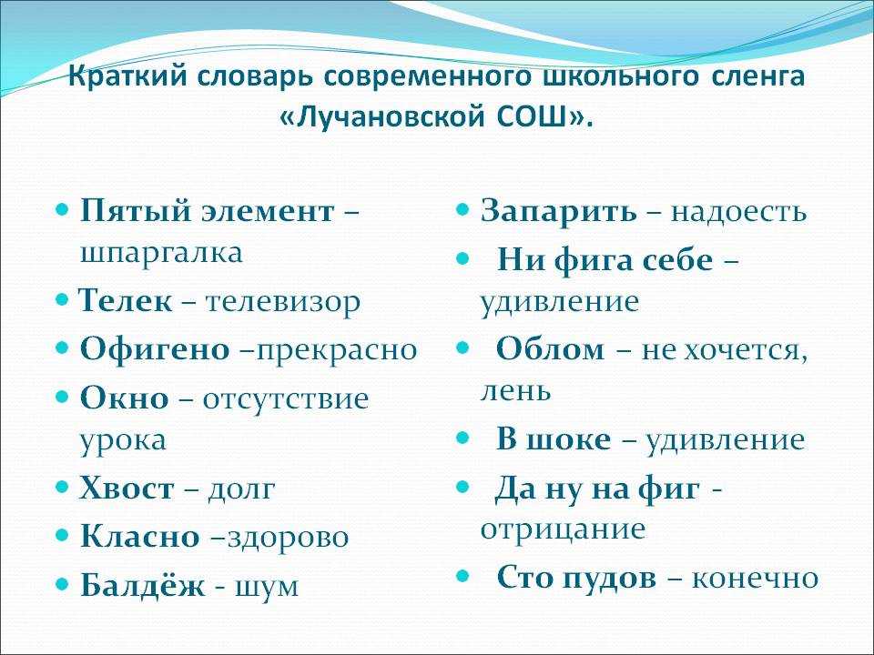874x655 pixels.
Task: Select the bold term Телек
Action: point(126,301)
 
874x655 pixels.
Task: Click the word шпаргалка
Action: point(162,254)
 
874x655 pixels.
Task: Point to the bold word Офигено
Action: point(155,349)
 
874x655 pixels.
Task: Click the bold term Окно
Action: point(125,398)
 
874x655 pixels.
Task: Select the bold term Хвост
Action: point(127,489)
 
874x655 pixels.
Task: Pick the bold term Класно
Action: point(140,537)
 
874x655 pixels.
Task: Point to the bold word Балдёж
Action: point(143,585)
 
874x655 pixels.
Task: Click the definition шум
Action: point(267,588)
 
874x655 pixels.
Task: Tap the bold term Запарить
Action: point(558,212)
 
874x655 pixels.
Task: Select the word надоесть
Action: point(738,212)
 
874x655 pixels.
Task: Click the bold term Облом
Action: point(550,349)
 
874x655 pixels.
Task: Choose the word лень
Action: point(515,390)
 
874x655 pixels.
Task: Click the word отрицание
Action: point(563,529)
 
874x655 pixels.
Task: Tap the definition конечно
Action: point(756,579)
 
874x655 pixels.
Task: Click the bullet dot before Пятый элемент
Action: point(63,210)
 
